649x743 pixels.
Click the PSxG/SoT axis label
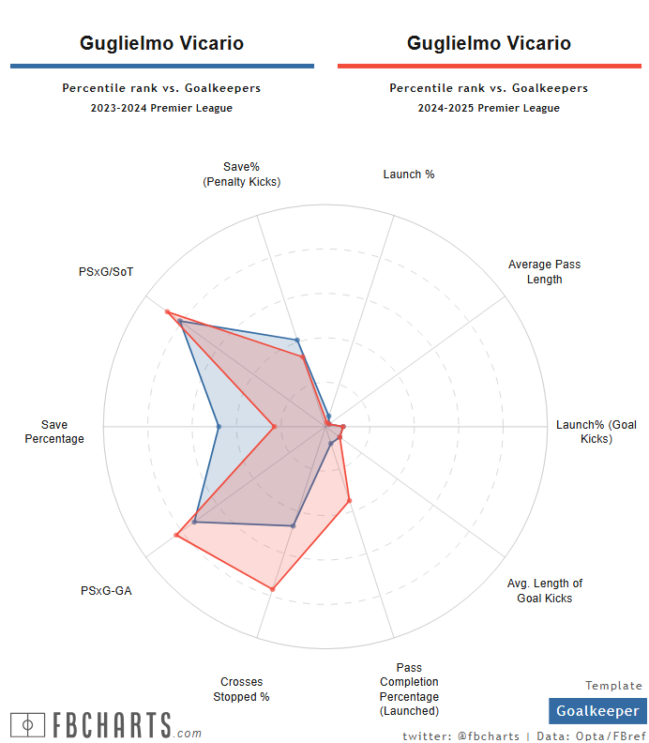(106, 272)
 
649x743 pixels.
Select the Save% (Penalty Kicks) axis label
(241, 174)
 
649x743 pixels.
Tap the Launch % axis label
(409, 174)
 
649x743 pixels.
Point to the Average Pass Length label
(544, 271)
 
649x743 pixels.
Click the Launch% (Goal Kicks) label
(596, 432)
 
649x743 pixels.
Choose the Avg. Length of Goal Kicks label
(544, 590)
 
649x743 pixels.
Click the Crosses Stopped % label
(241, 690)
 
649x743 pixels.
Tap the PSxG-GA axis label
(106, 591)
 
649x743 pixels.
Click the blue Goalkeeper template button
(597, 711)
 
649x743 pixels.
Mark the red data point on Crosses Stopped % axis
(272, 589)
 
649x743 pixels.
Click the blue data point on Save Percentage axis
(219, 427)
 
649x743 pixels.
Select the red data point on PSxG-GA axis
(176, 535)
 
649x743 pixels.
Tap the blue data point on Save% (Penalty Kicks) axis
(296, 341)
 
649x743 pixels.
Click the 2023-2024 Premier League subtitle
(161, 108)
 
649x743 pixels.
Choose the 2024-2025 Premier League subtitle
(489, 108)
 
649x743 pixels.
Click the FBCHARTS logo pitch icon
(28, 725)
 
